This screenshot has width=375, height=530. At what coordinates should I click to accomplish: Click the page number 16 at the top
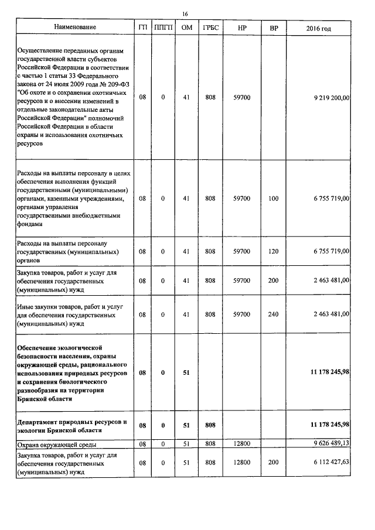pos(185,13)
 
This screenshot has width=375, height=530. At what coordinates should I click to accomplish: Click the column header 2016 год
pos(322,28)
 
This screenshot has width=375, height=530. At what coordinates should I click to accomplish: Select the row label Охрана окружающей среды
pos(55,445)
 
